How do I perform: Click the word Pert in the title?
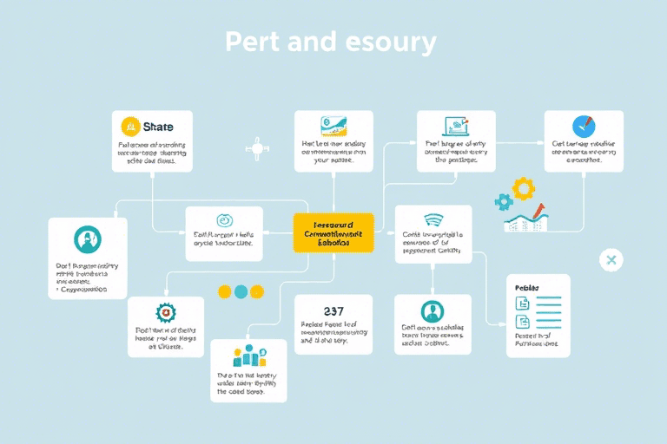(x=249, y=42)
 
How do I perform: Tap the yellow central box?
(x=333, y=233)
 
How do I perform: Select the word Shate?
(x=157, y=127)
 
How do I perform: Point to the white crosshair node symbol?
(x=256, y=148)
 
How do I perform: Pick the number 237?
(x=333, y=310)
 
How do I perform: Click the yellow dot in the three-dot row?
(x=225, y=291)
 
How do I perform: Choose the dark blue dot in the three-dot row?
(x=258, y=291)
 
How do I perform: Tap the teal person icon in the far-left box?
(x=87, y=238)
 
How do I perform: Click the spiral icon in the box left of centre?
(x=224, y=220)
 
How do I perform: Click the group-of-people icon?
(x=248, y=356)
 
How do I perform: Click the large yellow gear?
(x=523, y=188)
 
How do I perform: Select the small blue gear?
(x=504, y=202)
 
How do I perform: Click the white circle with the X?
(x=611, y=259)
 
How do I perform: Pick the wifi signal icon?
(x=433, y=219)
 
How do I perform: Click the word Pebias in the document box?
(x=527, y=287)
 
